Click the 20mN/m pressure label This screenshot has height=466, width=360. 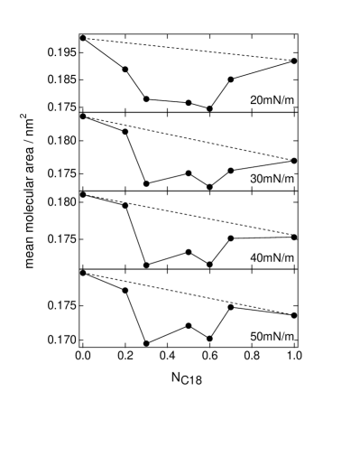pos(272,100)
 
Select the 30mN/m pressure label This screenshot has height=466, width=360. pos(272,179)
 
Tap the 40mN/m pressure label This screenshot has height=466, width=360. pos(272,258)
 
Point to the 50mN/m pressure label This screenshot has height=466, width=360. pos(272,337)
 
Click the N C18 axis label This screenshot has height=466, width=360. pos(187,378)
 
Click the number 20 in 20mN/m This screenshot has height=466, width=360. pos(255,100)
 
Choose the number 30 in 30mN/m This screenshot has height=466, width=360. pos(255,179)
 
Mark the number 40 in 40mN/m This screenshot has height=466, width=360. pos(255,258)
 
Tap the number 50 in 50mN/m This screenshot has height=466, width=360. pos(255,337)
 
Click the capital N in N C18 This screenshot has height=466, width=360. pos(176,377)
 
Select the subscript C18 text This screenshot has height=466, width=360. pos(192,381)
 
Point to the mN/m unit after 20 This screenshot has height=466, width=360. pos(279,100)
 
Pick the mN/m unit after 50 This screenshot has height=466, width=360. pos(279,337)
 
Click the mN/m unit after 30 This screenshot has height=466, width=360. pos(279,179)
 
